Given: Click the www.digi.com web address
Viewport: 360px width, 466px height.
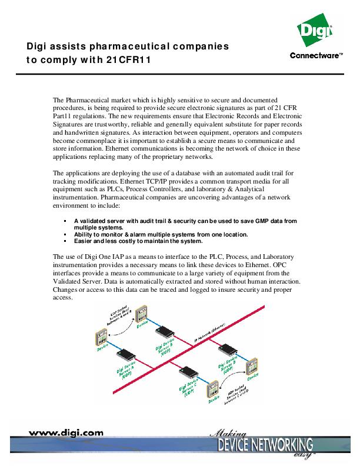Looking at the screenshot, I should [x=66, y=432].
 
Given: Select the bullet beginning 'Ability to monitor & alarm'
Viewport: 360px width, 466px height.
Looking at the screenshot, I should [x=161, y=234].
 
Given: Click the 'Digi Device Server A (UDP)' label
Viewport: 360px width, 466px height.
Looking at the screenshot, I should [x=128, y=372].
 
